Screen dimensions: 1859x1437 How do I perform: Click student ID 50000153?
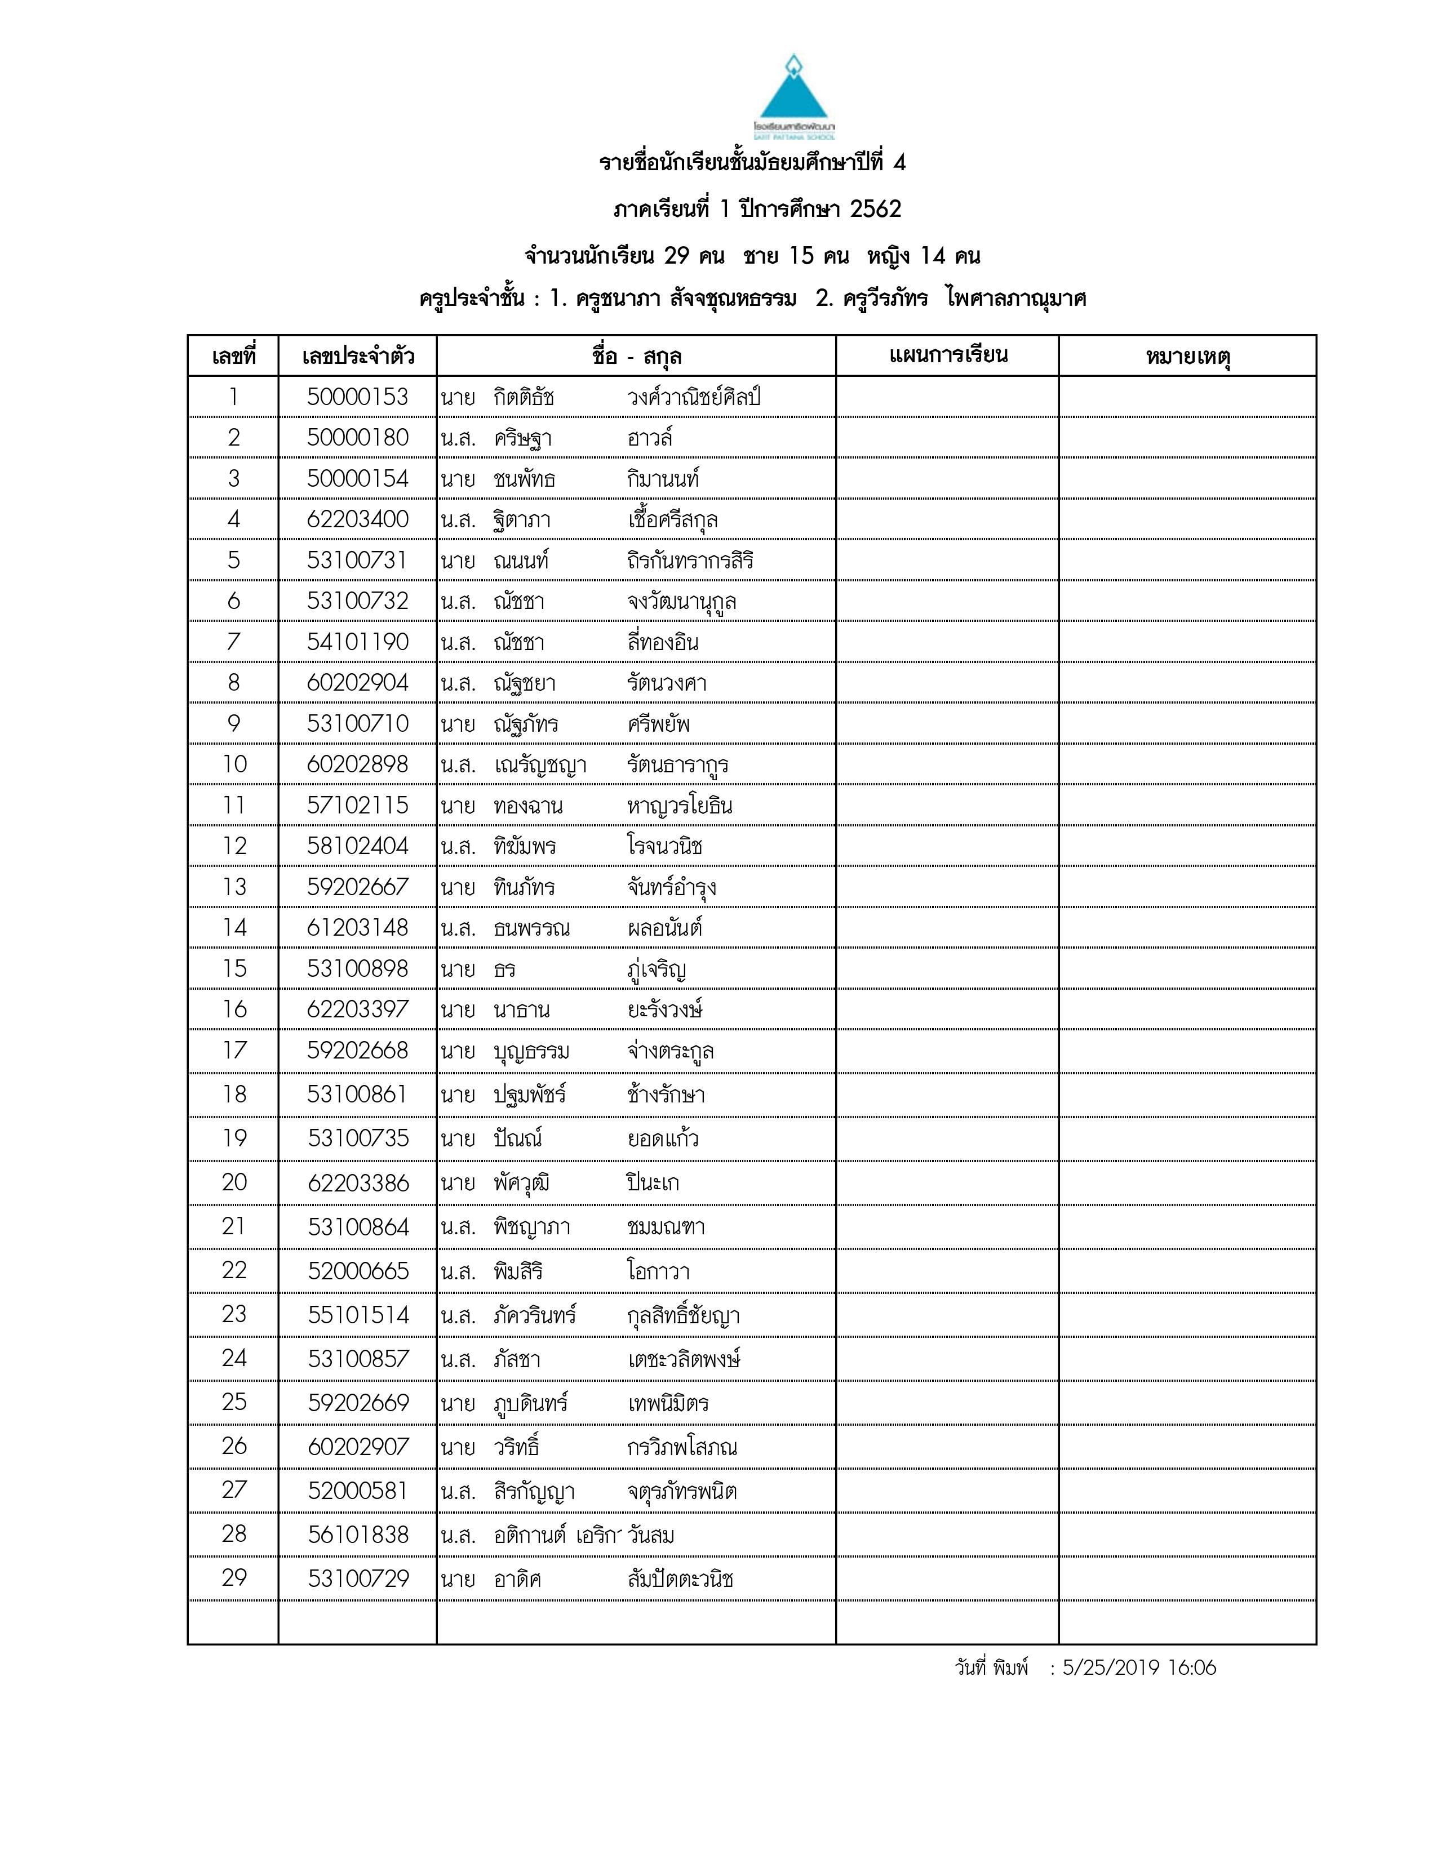point(357,397)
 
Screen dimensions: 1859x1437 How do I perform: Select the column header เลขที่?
point(233,356)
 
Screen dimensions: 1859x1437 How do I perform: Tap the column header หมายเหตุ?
point(1187,356)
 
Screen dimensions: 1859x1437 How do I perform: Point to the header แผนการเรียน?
point(947,355)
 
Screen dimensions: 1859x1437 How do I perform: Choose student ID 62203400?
point(357,519)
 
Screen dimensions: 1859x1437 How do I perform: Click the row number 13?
point(234,887)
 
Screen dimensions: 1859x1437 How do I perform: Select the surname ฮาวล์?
point(650,438)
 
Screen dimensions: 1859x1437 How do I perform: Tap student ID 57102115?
point(357,805)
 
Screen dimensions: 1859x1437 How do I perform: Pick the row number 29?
point(234,1578)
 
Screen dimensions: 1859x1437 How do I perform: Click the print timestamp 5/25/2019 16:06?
point(1139,1667)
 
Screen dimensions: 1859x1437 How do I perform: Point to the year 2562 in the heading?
point(875,210)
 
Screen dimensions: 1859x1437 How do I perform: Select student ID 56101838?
point(357,1535)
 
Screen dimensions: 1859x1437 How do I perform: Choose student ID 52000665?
point(357,1271)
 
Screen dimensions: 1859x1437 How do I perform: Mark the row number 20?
point(234,1182)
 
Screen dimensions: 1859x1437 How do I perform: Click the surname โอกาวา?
point(658,1271)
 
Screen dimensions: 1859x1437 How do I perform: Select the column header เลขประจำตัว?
point(357,356)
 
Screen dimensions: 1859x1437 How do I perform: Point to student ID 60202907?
point(357,1447)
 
